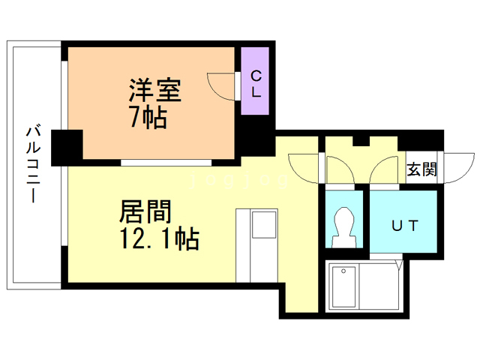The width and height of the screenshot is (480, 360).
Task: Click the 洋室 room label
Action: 155,92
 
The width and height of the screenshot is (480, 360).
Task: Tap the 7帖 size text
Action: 148,117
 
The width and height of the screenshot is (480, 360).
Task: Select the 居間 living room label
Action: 145,212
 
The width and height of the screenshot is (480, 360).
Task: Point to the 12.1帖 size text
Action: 157,239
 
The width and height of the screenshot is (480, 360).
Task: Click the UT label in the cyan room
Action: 403,224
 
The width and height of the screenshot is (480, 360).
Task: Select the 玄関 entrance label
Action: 421,169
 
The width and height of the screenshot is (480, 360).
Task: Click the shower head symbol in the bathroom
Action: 345,271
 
